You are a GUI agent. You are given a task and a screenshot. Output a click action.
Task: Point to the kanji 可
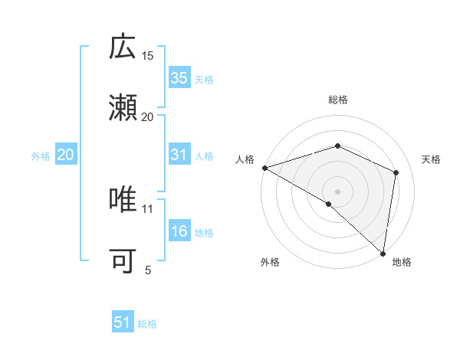click(123, 260)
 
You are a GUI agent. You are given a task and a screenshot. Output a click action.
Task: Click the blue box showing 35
click(179, 77)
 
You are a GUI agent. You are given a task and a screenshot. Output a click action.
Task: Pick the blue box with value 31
click(179, 155)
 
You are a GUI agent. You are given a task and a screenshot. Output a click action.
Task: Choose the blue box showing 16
click(179, 231)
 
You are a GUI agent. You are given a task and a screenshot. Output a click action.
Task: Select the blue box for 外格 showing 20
click(66, 155)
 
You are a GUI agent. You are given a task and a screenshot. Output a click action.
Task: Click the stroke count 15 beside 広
click(148, 56)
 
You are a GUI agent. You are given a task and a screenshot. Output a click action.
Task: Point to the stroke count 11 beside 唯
click(148, 208)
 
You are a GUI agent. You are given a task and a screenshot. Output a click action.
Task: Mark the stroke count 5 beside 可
click(148, 270)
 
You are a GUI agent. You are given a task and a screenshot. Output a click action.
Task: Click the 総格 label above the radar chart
click(337, 100)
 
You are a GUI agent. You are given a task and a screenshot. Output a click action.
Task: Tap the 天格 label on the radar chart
click(431, 159)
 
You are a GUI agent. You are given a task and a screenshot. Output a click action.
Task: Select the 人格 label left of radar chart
click(245, 159)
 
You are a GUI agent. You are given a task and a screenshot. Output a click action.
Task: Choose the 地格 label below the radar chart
click(402, 262)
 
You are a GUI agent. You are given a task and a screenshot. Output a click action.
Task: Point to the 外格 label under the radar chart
click(270, 262)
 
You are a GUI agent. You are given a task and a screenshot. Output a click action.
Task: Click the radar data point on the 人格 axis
click(264, 168)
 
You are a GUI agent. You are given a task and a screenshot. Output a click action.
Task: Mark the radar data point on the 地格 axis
click(383, 253)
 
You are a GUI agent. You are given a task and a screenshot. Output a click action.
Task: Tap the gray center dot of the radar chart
click(337, 191)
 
